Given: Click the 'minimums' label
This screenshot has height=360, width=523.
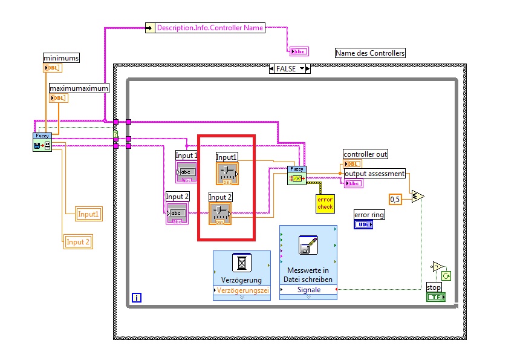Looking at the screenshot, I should (61, 57).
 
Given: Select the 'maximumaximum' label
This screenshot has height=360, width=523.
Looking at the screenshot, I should (79, 88).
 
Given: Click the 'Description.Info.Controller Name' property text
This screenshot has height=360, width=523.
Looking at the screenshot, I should (210, 28).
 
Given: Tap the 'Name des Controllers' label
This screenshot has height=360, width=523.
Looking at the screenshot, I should (370, 53).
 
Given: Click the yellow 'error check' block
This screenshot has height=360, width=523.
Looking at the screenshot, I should (325, 203).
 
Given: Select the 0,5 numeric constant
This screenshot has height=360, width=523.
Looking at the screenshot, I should (395, 199).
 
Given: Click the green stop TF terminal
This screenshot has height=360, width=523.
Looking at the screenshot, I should (435, 297).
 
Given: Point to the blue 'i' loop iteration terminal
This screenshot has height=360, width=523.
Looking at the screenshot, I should (137, 297).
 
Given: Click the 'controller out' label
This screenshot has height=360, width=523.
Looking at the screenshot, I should (365, 154).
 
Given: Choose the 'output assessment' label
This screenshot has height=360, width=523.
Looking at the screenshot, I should (374, 174).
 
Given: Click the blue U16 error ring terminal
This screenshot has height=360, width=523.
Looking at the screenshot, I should (363, 224).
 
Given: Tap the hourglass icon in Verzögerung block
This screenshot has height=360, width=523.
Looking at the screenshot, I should (242, 263).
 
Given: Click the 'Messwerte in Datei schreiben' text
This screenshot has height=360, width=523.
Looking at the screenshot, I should (308, 275).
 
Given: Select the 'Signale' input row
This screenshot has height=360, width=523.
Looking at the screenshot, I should (309, 290).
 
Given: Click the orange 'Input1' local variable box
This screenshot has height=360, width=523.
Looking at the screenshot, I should (88, 214).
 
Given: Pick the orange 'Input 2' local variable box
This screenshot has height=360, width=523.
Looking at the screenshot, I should (79, 242).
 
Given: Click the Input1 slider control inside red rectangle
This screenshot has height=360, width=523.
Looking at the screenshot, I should (227, 173).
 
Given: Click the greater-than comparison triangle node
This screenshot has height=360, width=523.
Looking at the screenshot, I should (417, 196).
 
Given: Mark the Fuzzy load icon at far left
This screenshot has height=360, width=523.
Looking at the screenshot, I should (42, 142).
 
